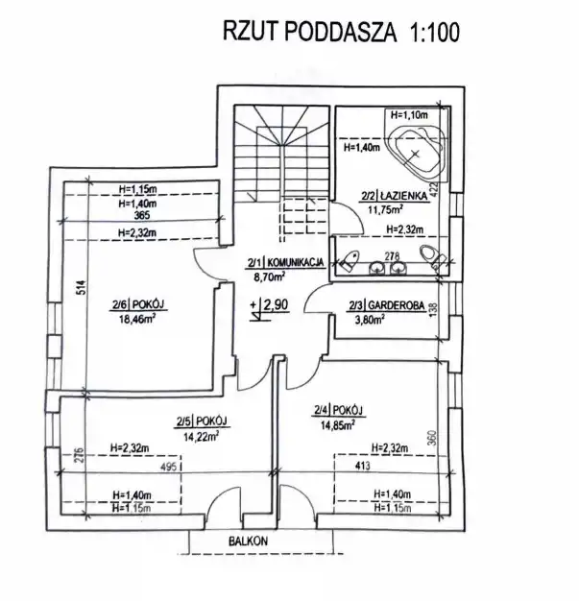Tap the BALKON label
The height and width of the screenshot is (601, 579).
point(249,541)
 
